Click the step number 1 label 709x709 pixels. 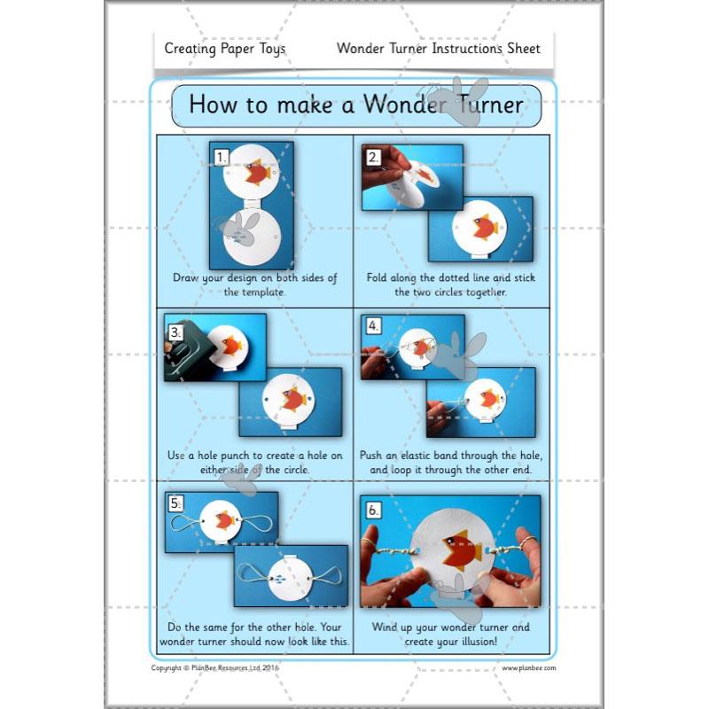[x=222, y=158]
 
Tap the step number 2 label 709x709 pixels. [x=373, y=158]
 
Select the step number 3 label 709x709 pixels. [x=175, y=333]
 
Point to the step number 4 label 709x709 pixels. [x=373, y=325]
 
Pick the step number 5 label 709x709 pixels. [x=175, y=503]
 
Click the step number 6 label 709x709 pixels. [x=373, y=510]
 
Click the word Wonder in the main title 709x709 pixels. [x=404, y=105]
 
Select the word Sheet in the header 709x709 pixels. [x=524, y=48]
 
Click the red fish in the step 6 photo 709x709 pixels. [x=462, y=549]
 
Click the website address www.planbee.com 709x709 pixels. [x=529, y=668]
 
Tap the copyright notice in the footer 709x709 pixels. [x=215, y=668]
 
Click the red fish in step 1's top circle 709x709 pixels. [x=258, y=172]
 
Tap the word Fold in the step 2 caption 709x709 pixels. [x=377, y=277]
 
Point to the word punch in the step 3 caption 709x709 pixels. [x=235, y=456]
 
